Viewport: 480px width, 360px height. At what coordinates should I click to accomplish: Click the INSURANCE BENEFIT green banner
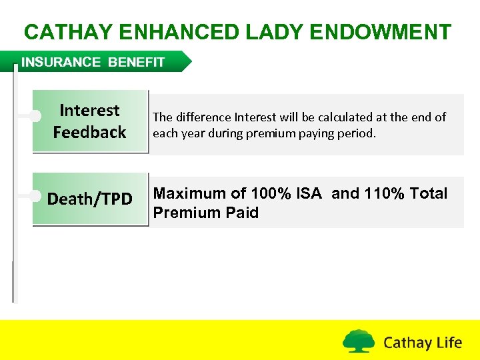(x=100, y=62)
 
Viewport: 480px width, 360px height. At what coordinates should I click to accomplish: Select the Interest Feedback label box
(x=89, y=121)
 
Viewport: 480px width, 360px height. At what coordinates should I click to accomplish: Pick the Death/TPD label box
(x=89, y=199)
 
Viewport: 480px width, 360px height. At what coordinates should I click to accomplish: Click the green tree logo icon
(x=359, y=341)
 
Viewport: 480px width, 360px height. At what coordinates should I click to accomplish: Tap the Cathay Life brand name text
(x=423, y=343)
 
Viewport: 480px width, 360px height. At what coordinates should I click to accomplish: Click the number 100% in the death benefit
(x=270, y=194)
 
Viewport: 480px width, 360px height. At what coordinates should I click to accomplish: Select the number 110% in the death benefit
(x=383, y=194)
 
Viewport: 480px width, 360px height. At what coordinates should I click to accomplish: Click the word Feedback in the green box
(x=89, y=133)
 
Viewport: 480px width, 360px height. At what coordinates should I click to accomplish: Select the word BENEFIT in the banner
(x=136, y=62)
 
